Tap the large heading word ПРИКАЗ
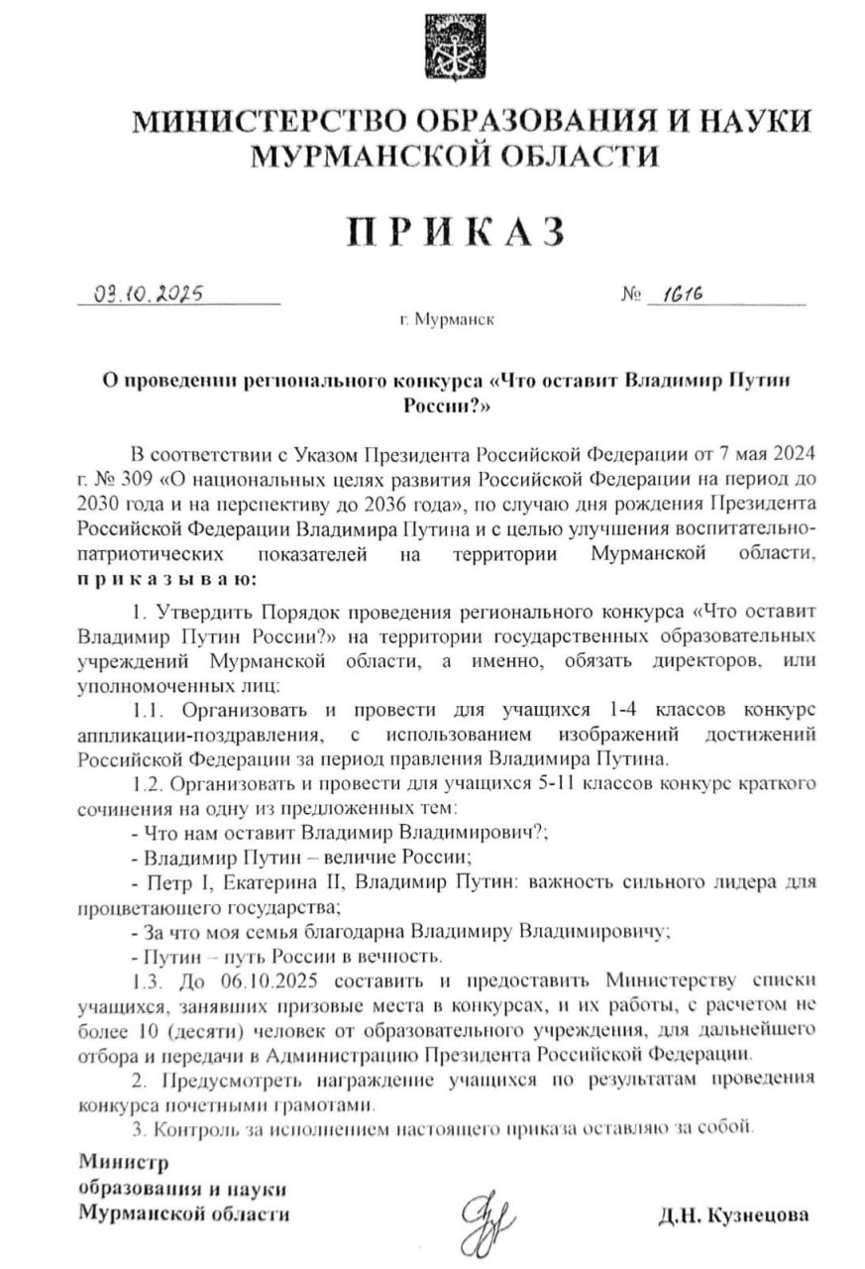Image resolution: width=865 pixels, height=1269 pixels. tap(455, 230)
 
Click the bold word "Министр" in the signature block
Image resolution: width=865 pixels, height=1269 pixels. tap(125, 1163)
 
